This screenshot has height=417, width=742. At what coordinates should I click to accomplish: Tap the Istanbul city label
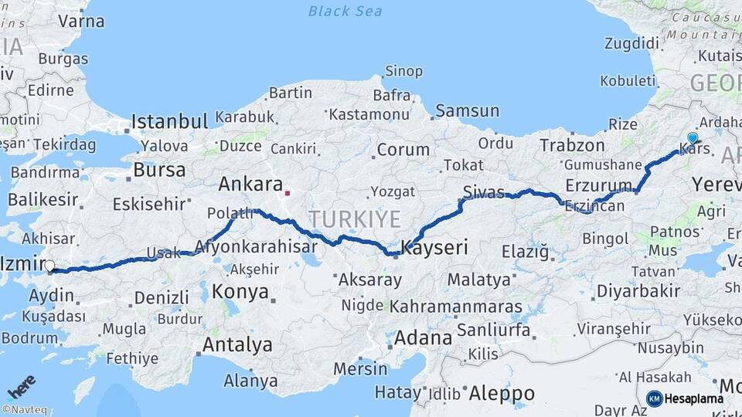(x=169, y=121)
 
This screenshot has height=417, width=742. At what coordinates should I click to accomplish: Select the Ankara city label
(x=250, y=184)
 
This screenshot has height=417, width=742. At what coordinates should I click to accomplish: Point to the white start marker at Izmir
(x=49, y=266)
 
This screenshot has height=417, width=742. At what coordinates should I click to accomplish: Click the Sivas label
(x=484, y=192)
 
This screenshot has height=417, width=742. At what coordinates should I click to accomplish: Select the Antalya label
(x=237, y=344)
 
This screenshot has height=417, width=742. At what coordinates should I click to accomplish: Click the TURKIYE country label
(x=356, y=219)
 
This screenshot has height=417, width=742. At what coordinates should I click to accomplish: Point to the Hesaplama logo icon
(x=654, y=398)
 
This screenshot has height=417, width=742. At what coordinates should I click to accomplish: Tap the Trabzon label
(x=572, y=144)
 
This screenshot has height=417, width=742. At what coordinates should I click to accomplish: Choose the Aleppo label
(x=502, y=393)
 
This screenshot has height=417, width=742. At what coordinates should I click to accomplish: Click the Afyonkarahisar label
(x=257, y=247)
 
